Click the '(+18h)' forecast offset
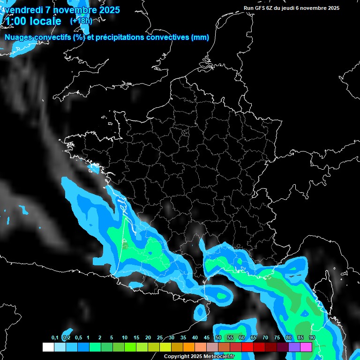tap(81, 21)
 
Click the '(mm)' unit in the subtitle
tap(200, 37)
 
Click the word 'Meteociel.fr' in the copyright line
tap(218, 357)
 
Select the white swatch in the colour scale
tap(48, 347)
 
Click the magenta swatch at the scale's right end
tap(306, 347)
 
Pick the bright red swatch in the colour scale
tap(247, 347)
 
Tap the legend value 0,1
tap(55, 338)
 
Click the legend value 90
tap(312, 338)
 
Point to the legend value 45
tap(207, 338)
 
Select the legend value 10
tap(125, 338)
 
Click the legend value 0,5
tap(78, 338)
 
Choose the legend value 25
tap(160, 338)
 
